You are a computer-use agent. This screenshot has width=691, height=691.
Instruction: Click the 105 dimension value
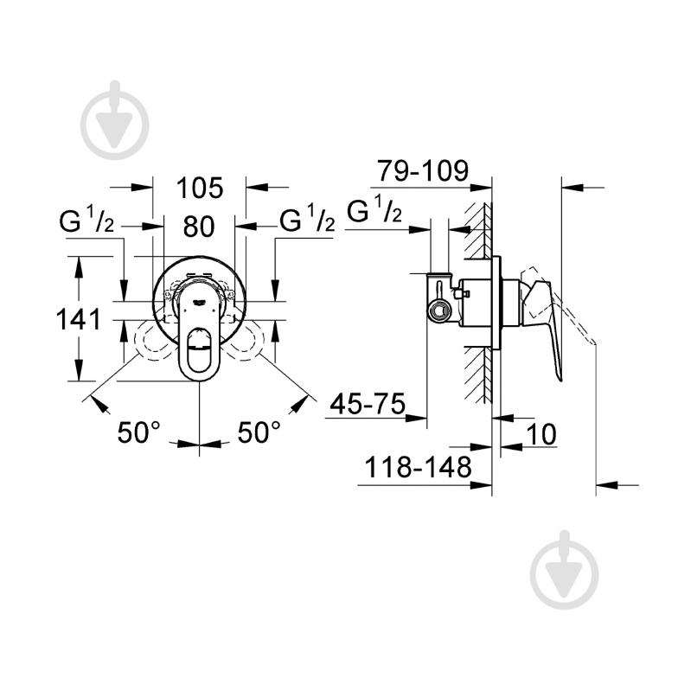click(199, 187)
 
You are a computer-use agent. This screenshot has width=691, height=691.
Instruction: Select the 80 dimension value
click(199, 227)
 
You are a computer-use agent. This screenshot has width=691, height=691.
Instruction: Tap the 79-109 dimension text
click(421, 171)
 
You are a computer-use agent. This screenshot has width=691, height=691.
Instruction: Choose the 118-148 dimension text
click(416, 468)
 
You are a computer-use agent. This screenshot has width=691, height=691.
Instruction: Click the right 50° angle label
click(259, 433)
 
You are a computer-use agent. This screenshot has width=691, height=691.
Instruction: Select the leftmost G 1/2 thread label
click(86, 222)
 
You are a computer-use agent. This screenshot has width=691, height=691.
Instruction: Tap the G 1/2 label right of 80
click(306, 222)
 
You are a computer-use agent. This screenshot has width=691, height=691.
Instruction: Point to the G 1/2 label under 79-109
click(374, 210)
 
